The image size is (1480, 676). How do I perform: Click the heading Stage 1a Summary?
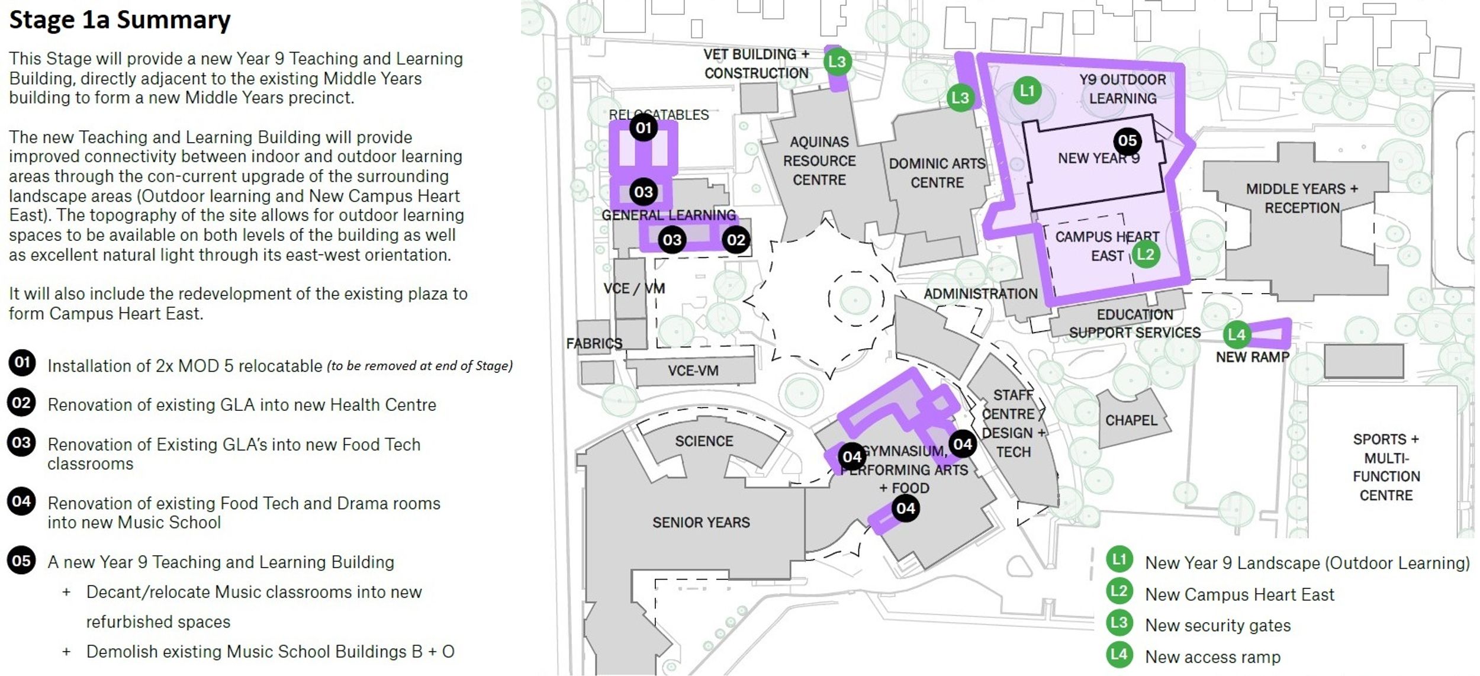coord(120,20)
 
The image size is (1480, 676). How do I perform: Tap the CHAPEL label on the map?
coord(1131,420)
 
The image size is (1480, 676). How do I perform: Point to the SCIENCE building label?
coord(704,441)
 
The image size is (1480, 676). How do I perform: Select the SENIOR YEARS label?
coord(701,522)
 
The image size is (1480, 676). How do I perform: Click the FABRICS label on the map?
coord(594,343)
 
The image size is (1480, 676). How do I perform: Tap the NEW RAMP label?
coord(1252,357)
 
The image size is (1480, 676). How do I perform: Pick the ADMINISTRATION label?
coord(980,294)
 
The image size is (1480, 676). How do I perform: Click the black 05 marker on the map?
coord(1127,141)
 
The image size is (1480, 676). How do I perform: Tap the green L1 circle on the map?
coord(1027,91)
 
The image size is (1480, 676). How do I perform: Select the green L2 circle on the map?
coord(1146,255)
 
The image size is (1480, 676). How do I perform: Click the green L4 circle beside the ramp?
coord(1237,334)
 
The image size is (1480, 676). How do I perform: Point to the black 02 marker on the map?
coord(736,240)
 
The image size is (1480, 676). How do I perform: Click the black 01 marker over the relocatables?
coord(644,127)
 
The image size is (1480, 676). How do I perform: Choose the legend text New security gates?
coord(1218,625)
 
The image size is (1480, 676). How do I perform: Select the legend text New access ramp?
coord(1212,656)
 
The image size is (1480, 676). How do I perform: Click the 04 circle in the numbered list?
coord(22,501)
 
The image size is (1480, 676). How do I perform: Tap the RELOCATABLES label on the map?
coord(658,115)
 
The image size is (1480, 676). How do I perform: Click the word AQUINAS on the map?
coord(819,142)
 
